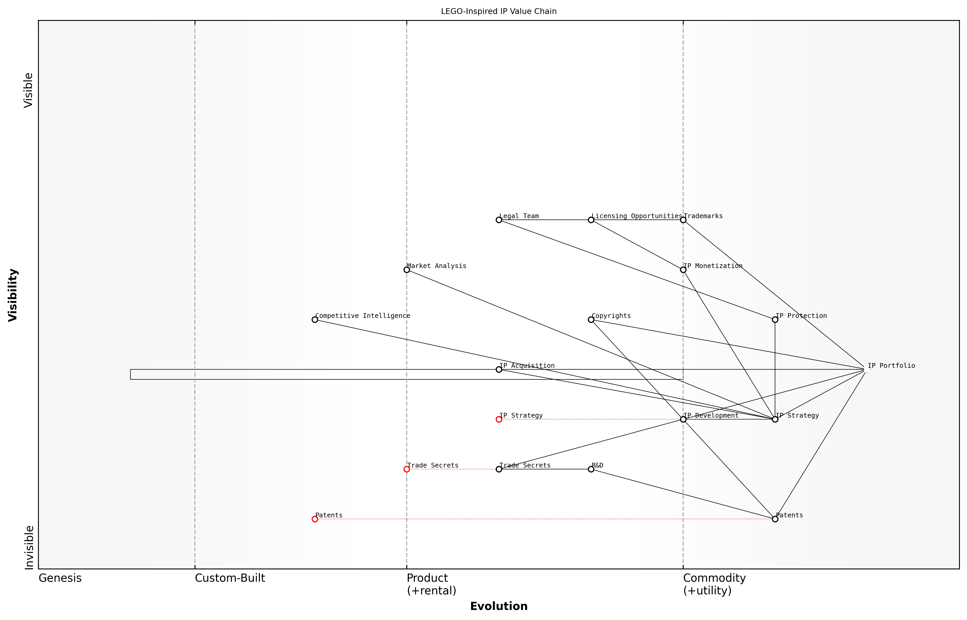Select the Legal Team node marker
(x=499, y=220)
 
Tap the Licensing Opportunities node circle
(x=591, y=220)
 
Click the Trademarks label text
(x=703, y=216)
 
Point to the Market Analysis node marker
(x=407, y=270)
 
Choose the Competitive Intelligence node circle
(x=315, y=320)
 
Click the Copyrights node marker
(x=591, y=320)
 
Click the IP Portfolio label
(x=891, y=366)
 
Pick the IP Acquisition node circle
(x=499, y=370)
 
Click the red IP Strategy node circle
(x=499, y=419)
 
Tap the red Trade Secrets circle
(x=407, y=469)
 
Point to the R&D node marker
(x=591, y=469)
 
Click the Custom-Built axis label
(x=230, y=578)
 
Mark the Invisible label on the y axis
(x=29, y=547)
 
